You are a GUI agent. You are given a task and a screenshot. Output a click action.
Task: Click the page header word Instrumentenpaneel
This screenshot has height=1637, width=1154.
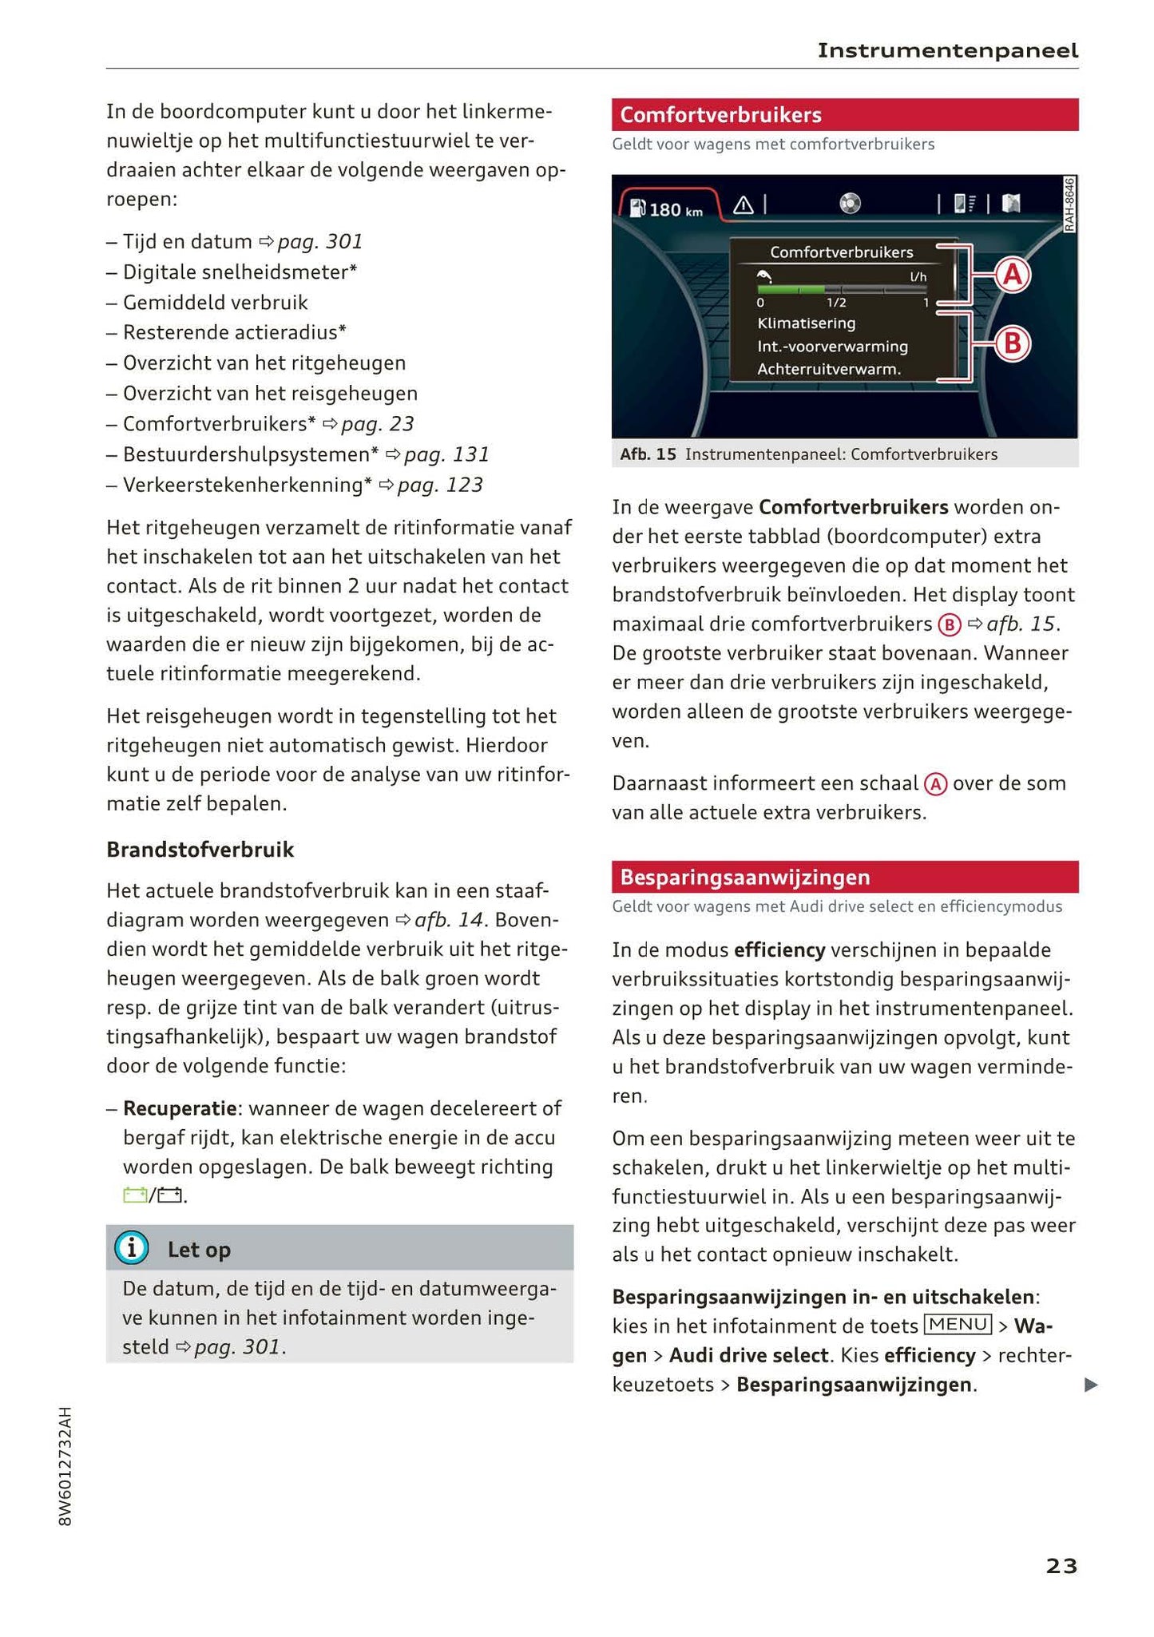[x=947, y=51]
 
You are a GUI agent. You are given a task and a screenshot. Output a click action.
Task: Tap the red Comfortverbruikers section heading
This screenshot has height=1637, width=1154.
[x=720, y=115]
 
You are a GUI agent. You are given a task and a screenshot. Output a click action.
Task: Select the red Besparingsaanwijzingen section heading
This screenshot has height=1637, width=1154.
[x=744, y=877]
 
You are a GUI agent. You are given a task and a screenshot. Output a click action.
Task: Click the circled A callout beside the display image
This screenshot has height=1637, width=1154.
[x=1012, y=275]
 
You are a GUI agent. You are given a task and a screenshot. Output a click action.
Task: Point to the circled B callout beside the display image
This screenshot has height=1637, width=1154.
[x=1012, y=344]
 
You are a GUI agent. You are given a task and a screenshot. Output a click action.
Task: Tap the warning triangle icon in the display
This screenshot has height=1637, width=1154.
[x=743, y=206]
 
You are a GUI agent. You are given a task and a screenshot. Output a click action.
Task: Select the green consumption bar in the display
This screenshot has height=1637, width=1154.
[x=791, y=289]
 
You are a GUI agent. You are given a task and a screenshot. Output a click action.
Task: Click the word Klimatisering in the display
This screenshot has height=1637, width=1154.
[x=806, y=323]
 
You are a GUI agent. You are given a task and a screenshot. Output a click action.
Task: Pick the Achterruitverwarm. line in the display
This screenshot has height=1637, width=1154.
[x=828, y=370]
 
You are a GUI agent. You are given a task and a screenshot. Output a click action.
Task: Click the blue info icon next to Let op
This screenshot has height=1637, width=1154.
[x=132, y=1248]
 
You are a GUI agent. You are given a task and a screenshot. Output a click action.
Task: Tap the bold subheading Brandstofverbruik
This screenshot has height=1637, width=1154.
[x=200, y=850]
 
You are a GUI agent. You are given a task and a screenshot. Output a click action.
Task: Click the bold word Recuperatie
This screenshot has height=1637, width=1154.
[x=180, y=1108]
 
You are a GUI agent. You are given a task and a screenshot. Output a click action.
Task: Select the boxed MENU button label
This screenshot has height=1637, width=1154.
[x=958, y=1325]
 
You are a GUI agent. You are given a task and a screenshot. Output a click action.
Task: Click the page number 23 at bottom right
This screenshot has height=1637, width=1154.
[x=1061, y=1567]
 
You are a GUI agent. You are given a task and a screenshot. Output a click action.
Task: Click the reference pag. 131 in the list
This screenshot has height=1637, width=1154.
[x=446, y=454]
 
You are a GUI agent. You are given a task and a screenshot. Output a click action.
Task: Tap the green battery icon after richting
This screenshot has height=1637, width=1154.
[x=134, y=1195]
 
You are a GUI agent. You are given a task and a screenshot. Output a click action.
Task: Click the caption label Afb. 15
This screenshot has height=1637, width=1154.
[x=648, y=454]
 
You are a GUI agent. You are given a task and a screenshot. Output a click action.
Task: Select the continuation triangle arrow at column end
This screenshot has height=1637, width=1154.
[x=1091, y=1385]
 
